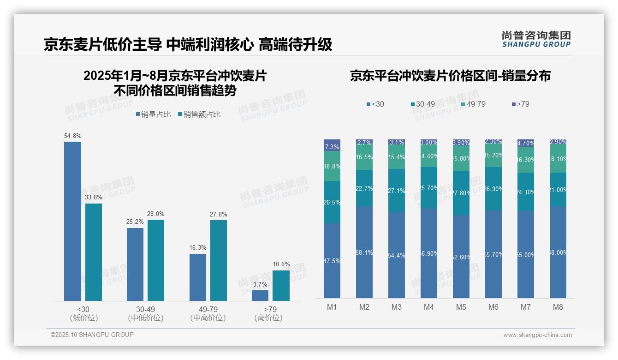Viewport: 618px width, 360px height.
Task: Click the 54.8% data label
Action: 73,136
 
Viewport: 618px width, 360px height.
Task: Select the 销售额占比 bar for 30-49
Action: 156,260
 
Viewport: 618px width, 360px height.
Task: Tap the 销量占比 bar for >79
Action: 260,295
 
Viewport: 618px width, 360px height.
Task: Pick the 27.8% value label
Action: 218,215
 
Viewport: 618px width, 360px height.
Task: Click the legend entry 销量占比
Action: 153,114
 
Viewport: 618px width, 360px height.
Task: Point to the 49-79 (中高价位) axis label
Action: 208,313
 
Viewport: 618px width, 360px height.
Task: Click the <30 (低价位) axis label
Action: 83,313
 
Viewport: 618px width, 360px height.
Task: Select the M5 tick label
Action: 461,307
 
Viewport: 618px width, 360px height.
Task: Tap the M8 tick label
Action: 558,307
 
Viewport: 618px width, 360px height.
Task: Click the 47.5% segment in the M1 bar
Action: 332,261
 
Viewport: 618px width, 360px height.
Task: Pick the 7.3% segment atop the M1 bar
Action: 332,144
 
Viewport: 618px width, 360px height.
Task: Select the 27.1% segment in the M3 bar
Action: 397,191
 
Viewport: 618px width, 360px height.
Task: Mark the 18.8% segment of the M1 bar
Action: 332,166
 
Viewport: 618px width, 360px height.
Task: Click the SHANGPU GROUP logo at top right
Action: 536,39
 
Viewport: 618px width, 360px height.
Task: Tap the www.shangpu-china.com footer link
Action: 537,335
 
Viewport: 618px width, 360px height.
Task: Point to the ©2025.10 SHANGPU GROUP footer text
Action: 92,335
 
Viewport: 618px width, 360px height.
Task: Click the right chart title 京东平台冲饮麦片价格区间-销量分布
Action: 450,76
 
